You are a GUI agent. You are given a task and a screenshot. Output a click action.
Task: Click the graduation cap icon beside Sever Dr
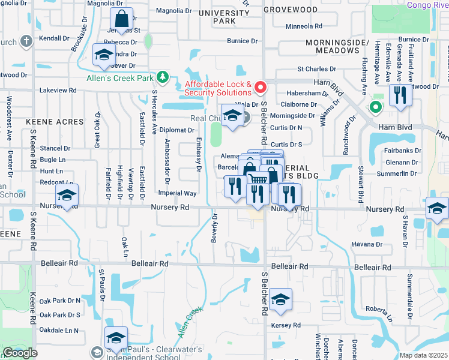click(x=104, y=55)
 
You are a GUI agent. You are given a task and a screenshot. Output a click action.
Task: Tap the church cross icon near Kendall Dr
click(x=25, y=41)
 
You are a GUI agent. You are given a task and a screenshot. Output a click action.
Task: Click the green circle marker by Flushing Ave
click(x=376, y=108)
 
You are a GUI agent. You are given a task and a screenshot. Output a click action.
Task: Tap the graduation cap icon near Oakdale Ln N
click(x=116, y=338)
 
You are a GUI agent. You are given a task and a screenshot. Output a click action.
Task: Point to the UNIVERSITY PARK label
click(x=224, y=17)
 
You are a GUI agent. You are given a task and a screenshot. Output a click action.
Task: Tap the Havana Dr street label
click(x=367, y=244)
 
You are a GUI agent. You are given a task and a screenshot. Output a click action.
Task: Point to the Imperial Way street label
click(x=177, y=193)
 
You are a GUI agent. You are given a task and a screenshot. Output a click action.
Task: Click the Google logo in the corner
click(x=20, y=352)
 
